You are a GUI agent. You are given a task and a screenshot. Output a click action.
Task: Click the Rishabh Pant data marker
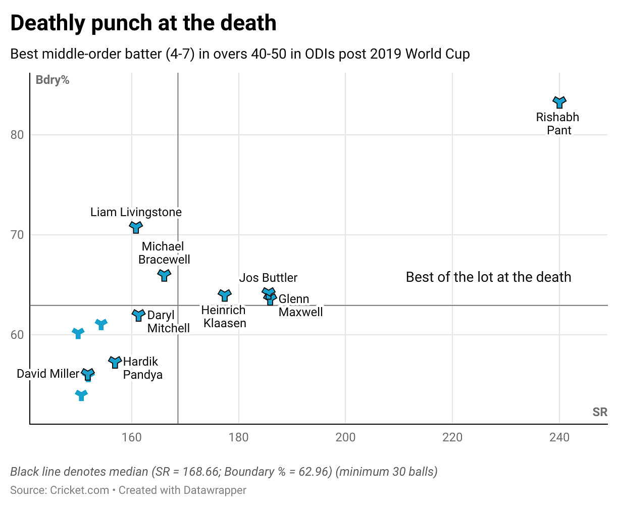coord(559,102)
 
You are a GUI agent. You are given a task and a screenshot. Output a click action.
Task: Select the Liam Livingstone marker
coord(135,227)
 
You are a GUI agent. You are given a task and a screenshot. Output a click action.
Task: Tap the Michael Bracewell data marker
coord(164,275)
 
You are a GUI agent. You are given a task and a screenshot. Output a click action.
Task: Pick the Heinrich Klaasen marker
coord(225,295)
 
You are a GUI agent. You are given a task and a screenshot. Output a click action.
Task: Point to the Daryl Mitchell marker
coord(138,315)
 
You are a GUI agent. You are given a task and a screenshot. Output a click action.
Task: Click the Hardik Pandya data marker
coord(115,362)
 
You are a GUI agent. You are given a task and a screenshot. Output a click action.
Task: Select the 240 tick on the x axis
coord(559,437)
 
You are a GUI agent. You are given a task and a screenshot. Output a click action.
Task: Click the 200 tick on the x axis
coord(345,437)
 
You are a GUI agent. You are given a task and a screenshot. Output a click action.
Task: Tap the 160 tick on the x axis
coord(132,437)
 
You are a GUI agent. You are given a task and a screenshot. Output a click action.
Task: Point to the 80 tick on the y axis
coord(17,135)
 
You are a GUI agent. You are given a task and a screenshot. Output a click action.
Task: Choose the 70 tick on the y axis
coord(17,235)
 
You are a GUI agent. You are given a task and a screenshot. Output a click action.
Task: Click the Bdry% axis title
coord(53,80)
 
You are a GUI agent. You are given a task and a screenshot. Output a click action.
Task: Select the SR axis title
coord(600,413)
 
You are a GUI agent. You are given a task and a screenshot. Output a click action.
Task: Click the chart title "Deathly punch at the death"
coord(143,23)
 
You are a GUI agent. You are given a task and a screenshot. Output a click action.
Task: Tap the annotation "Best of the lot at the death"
coord(488,277)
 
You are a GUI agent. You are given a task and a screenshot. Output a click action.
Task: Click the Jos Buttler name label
coord(268,278)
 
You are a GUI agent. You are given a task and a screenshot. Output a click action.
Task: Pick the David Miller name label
coord(48,374)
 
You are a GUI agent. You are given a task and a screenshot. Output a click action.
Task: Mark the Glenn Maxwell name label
coord(300,306)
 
